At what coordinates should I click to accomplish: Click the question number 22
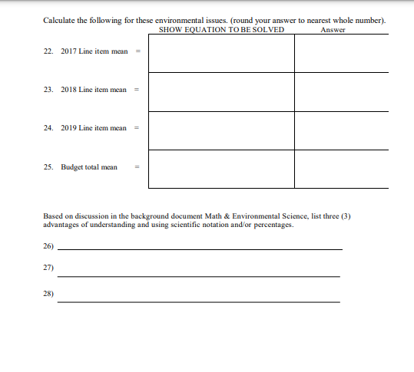pyautogui.click(x=48, y=53)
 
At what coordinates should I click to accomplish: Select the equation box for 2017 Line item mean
pyautogui.click(x=221, y=53)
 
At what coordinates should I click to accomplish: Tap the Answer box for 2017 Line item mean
pyautogui.click(x=341, y=53)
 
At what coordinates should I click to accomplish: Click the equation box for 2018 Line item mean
pyautogui.click(x=221, y=91)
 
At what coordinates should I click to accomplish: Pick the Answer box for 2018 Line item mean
pyautogui.click(x=341, y=91)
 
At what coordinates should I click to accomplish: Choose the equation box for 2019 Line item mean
pyautogui.click(x=221, y=130)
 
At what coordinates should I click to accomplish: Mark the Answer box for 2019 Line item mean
pyautogui.click(x=341, y=130)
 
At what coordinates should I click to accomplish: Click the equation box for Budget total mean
pyautogui.click(x=221, y=168)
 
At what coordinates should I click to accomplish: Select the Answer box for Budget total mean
pyautogui.click(x=341, y=168)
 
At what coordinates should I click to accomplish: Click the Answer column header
pyautogui.click(x=332, y=30)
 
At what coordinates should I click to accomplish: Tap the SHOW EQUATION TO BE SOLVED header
pyautogui.click(x=221, y=30)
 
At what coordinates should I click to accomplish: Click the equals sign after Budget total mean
pyautogui.click(x=137, y=167)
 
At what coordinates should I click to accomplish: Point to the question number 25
pyautogui.click(x=48, y=167)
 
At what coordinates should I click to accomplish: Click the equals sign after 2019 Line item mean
pyautogui.click(x=137, y=129)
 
